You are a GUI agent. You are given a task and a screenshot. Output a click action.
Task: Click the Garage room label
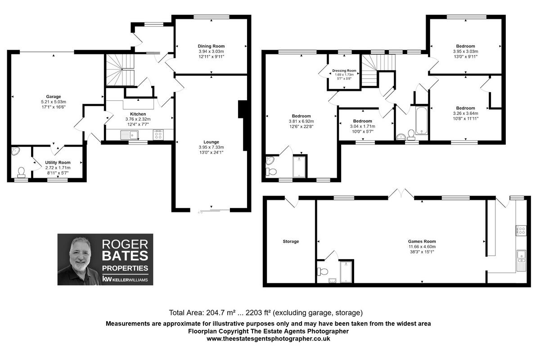coord(53,96)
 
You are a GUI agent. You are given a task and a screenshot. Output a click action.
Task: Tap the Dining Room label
coord(211,46)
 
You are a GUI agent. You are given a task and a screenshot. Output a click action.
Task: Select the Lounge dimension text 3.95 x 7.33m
coord(211,147)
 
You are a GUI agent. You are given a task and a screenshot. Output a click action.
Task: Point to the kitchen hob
coord(158,134)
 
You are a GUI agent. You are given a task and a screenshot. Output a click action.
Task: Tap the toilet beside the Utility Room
coord(21,171)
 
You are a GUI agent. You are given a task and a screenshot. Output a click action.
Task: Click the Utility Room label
coord(58,162)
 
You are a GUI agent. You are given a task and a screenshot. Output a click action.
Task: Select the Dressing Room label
coord(344,71)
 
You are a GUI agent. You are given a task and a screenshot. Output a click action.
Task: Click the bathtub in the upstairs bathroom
coord(422,121)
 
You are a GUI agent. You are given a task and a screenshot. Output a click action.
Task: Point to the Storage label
coord(291,242)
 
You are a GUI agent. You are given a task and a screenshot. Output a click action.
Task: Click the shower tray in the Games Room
coord(346,271)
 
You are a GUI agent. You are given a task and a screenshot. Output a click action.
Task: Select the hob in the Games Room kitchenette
coord(521,230)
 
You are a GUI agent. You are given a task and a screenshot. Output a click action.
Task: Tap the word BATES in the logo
coord(125,256)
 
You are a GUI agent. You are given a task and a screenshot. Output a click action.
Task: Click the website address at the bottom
coord(269,339)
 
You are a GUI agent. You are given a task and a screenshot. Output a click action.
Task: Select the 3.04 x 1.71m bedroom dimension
coord(362,126)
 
